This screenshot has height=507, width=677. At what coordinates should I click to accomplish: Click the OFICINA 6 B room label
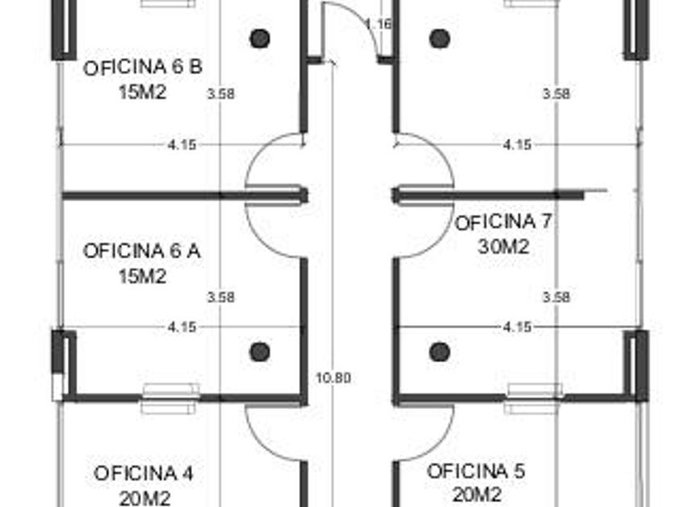point(143,68)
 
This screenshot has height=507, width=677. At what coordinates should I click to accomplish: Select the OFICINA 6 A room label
point(142,251)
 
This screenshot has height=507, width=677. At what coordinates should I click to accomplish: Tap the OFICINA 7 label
point(503,222)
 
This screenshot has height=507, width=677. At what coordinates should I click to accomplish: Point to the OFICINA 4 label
point(143,473)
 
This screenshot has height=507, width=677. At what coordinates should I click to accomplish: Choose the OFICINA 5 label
point(476,471)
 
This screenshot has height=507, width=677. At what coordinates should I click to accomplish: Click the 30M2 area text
point(504,246)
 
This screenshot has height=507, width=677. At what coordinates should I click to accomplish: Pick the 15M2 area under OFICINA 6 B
point(143,92)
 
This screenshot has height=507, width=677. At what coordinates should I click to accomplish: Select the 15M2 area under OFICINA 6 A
point(143,276)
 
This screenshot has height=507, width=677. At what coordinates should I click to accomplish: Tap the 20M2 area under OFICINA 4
point(144,498)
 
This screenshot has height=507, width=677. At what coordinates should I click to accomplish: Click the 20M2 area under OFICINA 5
point(477,494)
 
